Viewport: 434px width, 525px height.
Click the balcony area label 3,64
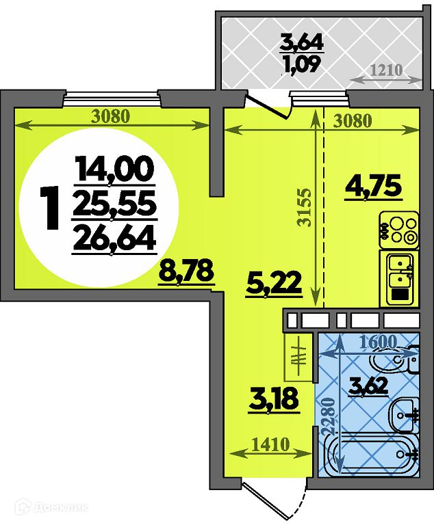coord(302,42)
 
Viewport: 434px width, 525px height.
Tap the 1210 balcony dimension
coord(386,70)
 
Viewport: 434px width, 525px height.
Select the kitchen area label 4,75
coord(373,186)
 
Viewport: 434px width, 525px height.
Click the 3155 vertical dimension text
coord(304,208)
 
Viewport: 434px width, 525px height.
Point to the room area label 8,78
coord(186,271)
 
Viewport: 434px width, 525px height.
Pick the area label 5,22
coord(274,284)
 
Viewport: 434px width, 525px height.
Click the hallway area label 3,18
coord(273,399)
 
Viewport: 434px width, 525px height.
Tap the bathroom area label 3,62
coord(368,386)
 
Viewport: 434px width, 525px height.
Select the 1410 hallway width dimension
coord(270,445)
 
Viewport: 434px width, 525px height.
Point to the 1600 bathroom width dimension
coord(378,341)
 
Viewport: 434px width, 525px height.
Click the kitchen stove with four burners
coord(399,230)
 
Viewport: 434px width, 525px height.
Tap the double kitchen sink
coord(400,278)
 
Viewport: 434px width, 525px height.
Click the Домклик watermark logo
coord(53,508)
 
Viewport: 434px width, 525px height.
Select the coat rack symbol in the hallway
coord(298,358)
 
